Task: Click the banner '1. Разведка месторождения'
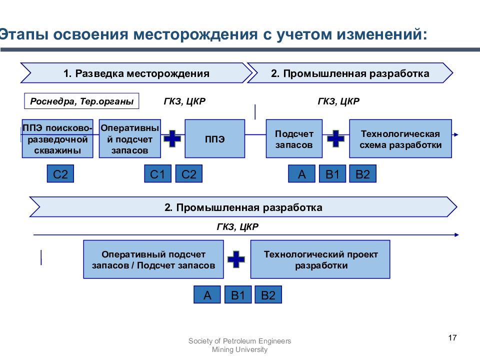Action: click(x=136, y=73)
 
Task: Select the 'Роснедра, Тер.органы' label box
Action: click(x=81, y=101)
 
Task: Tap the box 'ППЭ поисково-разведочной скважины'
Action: click(x=57, y=138)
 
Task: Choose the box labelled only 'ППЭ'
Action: click(x=215, y=138)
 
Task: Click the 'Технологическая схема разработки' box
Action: click(x=400, y=138)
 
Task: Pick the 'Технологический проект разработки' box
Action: click(x=320, y=259)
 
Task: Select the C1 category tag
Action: click(x=157, y=173)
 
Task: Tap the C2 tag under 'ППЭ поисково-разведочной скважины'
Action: click(x=60, y=173)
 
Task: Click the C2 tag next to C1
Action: click(x=189, y=173)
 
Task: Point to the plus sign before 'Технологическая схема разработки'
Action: click(x=336, y=138)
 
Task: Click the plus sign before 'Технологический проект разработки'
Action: click(x=236, y=259)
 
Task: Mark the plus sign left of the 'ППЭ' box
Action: click(x=172, y=138)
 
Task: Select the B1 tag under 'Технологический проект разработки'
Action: click(x=238, y=294)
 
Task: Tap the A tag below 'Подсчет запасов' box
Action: click(x=301, y=173)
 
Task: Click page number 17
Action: click(x=452, y=338)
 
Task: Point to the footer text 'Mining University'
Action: click(x=239, y=349)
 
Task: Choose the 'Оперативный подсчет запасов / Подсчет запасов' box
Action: click(x=153, y=259)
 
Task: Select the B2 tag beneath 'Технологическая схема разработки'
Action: click(x=363, y=173)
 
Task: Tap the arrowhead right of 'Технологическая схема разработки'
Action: click(x=456, y=134)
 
